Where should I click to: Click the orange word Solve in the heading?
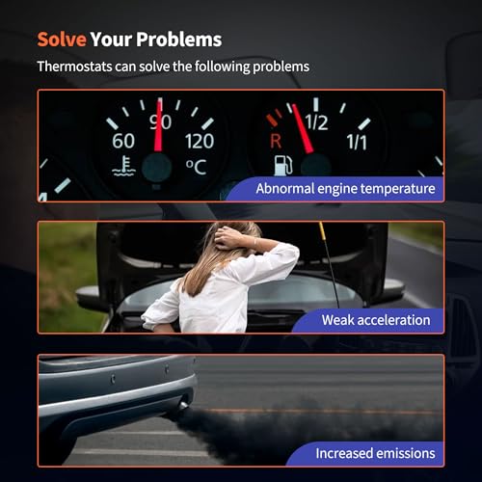coord(62,40)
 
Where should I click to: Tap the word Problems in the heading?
coord(179,40)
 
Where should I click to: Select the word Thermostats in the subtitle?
coord(75,67)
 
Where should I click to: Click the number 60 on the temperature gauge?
coord(123,141)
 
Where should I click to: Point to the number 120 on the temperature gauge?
coord(200,142)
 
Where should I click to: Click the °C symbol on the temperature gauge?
coord(196,167)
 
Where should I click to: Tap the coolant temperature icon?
coord(124,166)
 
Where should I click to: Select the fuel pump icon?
coord(283,166)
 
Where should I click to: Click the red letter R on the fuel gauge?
coord(276,141)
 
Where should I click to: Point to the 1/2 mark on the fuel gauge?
coord(316,122)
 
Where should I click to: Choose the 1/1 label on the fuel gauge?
coord(357,142)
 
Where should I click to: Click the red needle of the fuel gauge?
coord(303,128)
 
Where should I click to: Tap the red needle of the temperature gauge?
coord(159,124)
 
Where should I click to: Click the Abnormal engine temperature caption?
coord(345,189)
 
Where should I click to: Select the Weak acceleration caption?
coord(376,320)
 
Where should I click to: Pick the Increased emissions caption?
coord(375,453)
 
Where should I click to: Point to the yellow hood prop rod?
coord(329,264)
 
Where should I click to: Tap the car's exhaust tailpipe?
coord(183,406)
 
